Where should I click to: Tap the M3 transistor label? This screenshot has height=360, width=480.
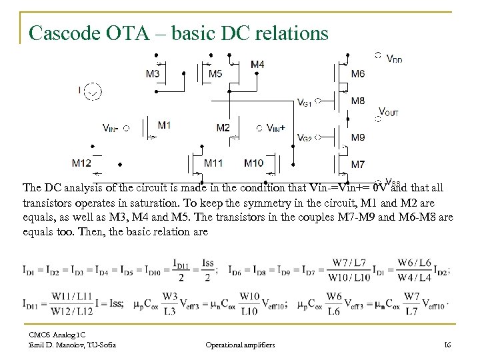(152, 73)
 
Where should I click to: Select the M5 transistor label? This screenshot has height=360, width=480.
(215, 73)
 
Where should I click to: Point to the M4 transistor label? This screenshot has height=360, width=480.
(257, 65)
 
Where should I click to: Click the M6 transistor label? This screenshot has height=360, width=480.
(358, 73)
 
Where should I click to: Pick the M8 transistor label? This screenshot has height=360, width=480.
(358, 101)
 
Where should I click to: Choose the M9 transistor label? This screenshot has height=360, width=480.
(358, 137)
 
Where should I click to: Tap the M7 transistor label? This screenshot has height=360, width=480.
(358, 164)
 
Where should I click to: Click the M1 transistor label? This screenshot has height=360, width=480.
(165, 125)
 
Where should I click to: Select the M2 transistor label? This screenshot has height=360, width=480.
(223, 127)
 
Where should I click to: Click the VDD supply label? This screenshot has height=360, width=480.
(394, 59)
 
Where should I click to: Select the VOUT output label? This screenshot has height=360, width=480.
(389, 112)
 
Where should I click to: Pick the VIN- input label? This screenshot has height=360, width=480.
(111, 127)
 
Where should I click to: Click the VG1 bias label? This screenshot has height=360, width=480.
(304, 103)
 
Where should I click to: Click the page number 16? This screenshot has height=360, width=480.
(447, 345)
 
